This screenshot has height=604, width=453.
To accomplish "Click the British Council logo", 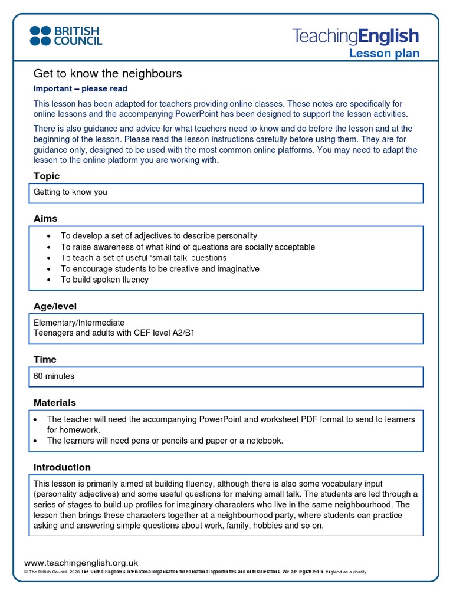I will [66, 35].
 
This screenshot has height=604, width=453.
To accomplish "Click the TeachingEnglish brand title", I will [356, 36].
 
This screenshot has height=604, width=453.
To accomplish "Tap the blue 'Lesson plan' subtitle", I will [384, 54].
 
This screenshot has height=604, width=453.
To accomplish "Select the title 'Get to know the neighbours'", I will [107, 74].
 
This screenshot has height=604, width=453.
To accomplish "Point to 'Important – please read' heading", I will [80, 89].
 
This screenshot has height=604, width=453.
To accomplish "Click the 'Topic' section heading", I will [47, 176].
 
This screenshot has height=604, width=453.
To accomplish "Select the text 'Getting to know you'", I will [70, 192].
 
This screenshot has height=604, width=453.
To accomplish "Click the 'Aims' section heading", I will [45, 218].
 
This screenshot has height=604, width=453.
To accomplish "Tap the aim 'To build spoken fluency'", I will [104, 280].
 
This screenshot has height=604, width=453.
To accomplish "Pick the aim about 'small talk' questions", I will [143, 258].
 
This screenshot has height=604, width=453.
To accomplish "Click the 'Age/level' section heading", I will [55, 306].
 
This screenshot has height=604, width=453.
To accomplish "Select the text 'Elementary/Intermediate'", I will [79, 323].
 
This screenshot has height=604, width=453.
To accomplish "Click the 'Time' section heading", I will [45, 359].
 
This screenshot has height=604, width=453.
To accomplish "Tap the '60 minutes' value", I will [54, 376].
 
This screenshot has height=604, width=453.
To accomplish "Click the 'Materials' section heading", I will [54, 402].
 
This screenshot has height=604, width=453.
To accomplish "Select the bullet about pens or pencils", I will [165, 441].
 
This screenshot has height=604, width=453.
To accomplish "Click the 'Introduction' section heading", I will [62, 467].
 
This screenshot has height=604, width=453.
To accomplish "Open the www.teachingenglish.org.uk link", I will [81, 563].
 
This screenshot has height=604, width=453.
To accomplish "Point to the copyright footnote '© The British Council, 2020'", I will [51, 572].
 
